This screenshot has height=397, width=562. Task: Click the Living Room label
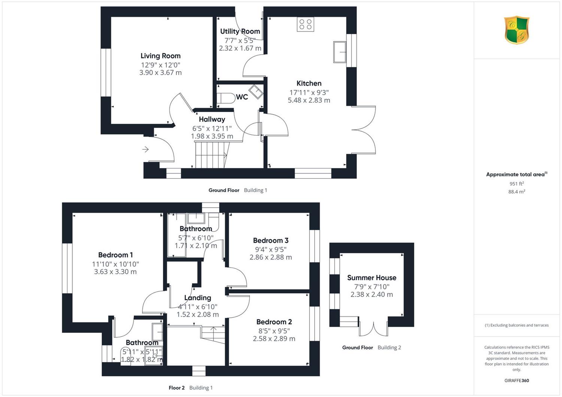pyautogui.click(x=160, y=56)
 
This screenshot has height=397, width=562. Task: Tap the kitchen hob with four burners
pyautogui.click(x=305, y=24)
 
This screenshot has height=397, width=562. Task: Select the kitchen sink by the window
pyautogui.click(x=340, y=52)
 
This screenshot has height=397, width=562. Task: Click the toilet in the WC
pyautogui.click(x=226, y=98)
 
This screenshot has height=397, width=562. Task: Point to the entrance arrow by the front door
pyautogui.click(x=145, y=149)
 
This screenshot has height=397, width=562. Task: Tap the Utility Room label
pyautogui.click(x=240, y=31)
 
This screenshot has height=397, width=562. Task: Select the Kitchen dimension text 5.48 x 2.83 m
pyautogui.click(x=309, y=100)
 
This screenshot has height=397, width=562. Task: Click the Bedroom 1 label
pyautogui.click(x=115, y=255)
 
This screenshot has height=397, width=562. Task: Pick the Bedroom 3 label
pyautogui.click(x=271, y=240)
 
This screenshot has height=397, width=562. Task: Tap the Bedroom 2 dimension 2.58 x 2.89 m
pyautogui.click(x=274, y=339)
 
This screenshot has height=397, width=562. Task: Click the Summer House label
pyautogui.click(x=372, y=278)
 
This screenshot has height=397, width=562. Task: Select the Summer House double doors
pyautogui.click(x=374, y=329)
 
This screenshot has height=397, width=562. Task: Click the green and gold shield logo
pyautogui.click(x=517, y=30)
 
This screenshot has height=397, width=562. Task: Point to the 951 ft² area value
pyautogui.click(x=517, y=184)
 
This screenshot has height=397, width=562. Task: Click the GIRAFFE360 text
pyautogui.click(x=517, y=381)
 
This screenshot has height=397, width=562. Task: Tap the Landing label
pyautogui.click(x=198, y=298)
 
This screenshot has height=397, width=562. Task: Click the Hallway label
pyautogui.click(x=212, y=119)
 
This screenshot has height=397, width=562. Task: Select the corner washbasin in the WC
pyautogui.click(x=256, y=92)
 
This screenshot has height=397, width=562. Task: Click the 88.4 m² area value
pyautogui.click(x=517, y=192)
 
